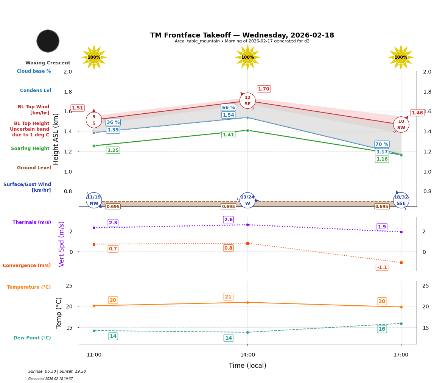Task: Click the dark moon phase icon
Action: coord(48,41)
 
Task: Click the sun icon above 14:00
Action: coord(247,57)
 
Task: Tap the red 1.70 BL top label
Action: coord(263,89)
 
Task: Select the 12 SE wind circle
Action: coord(247,101)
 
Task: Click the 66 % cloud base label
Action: coord(228,108)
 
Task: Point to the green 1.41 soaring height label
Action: coord(228,135)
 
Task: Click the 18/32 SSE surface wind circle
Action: coord(401,200)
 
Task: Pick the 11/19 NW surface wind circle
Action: coord(94,200)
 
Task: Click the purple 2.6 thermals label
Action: coord(229,220)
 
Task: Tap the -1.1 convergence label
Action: coord(382,267)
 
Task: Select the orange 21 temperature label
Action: coord(228,297)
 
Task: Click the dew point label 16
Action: coord(382,329)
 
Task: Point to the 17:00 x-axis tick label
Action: coord(401,355)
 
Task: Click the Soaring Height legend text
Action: coord(30,149)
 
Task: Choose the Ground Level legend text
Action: coord(34,168)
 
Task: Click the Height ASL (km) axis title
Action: coord(56,139)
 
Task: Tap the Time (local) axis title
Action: coord(247,366)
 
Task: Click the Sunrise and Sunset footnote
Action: coord(57,372)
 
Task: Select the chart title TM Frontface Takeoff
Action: coord(242,35)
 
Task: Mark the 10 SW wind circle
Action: coord(401,125)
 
